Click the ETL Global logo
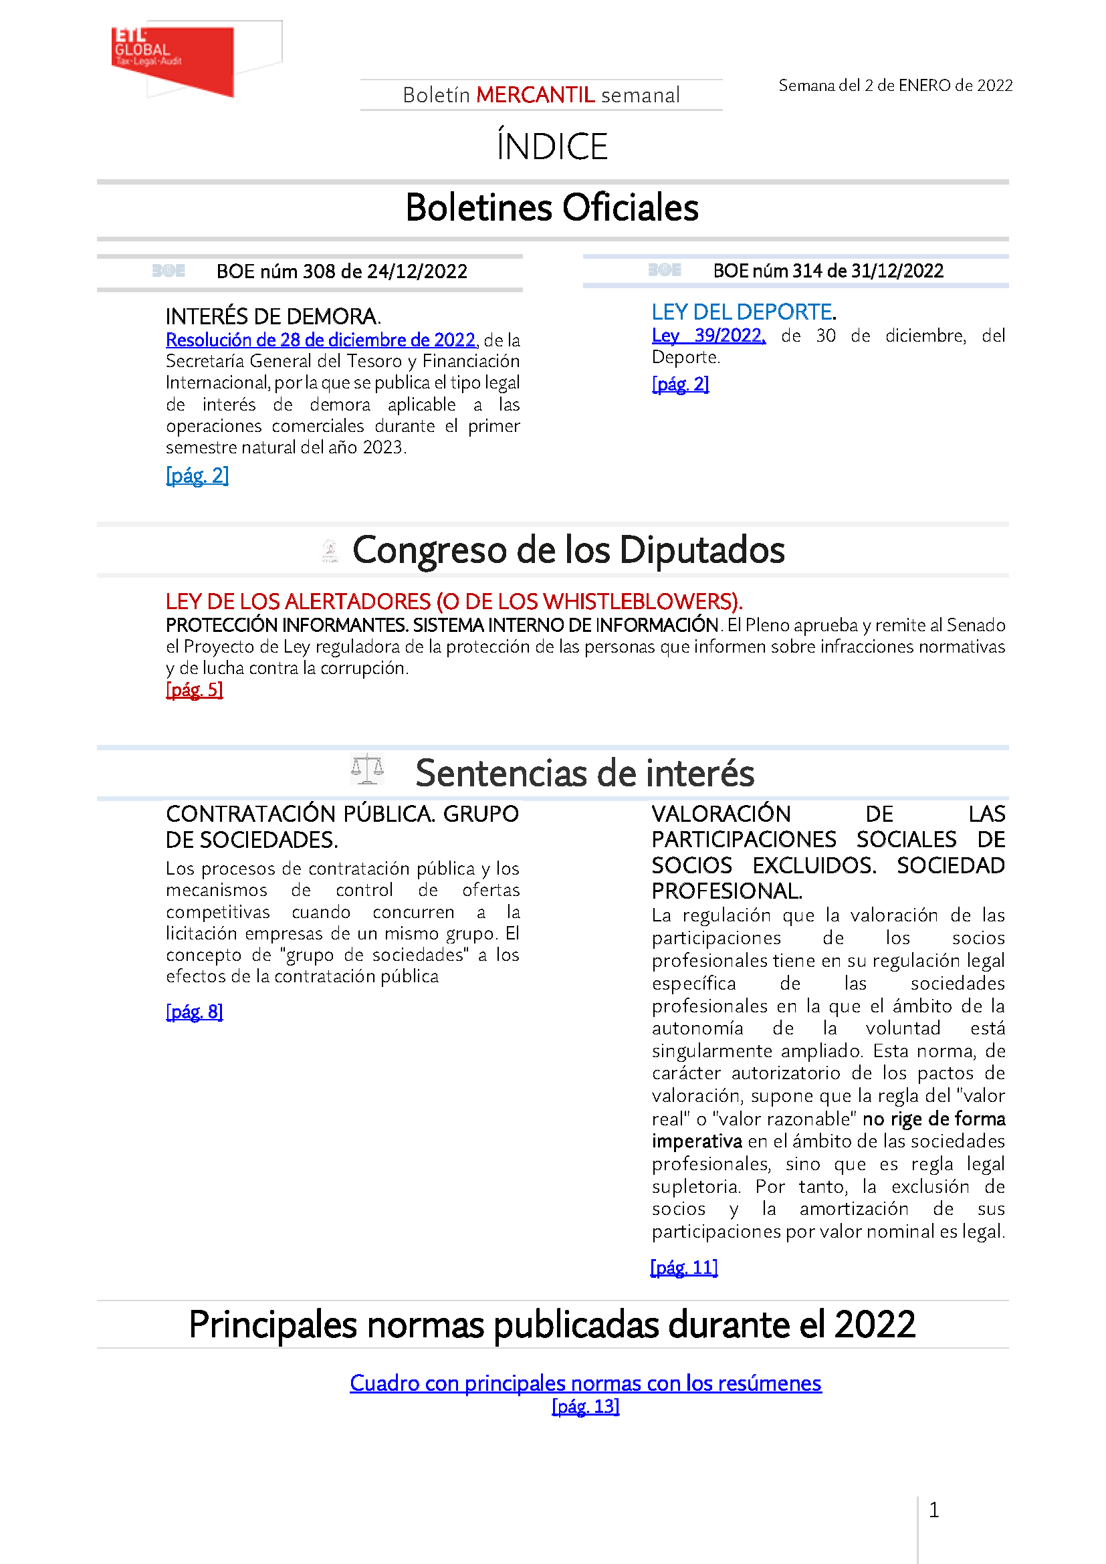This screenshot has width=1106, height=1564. [174, 60]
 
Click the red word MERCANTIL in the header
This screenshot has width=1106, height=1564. [536, 96]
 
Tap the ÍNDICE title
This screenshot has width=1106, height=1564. [552, 146]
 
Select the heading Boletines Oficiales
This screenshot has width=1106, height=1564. [552, 208]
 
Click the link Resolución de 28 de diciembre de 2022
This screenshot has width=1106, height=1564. [320, 340]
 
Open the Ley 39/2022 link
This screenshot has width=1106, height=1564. [708, 336]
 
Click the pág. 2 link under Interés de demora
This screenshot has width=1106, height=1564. [197, 475]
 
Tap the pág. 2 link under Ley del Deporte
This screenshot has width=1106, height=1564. [679, 384]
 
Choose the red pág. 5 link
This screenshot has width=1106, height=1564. [194, 690]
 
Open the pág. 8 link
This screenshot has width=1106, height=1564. [194, 1012]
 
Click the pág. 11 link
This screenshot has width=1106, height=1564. [684, 1268]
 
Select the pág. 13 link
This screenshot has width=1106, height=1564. [585, 1407]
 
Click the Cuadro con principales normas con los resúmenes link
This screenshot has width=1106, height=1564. [585, 1383]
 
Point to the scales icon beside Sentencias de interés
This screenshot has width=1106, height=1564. [367, 770]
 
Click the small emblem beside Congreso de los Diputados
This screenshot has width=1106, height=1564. [330, 550]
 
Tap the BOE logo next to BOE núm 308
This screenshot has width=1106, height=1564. [169, 271]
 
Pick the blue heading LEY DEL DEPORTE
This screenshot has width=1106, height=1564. [743, 312]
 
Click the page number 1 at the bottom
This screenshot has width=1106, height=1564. [933, 1511]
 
